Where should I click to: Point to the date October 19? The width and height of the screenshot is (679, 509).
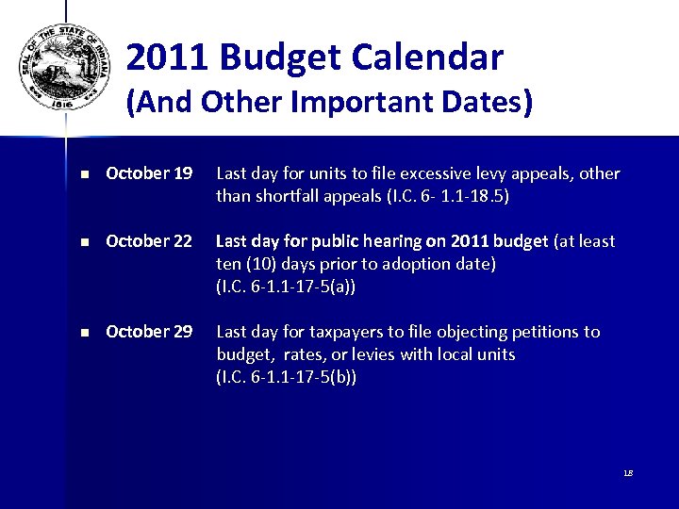[149, 173]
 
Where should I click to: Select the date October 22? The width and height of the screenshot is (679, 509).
[149, 241]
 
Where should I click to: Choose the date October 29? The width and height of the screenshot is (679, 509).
[149, 332]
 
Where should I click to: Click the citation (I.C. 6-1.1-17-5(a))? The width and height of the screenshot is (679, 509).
[287, 287]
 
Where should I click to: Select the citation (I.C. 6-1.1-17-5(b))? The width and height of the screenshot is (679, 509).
[287, 378]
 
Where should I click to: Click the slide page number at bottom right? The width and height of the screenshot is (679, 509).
[627, 472]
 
